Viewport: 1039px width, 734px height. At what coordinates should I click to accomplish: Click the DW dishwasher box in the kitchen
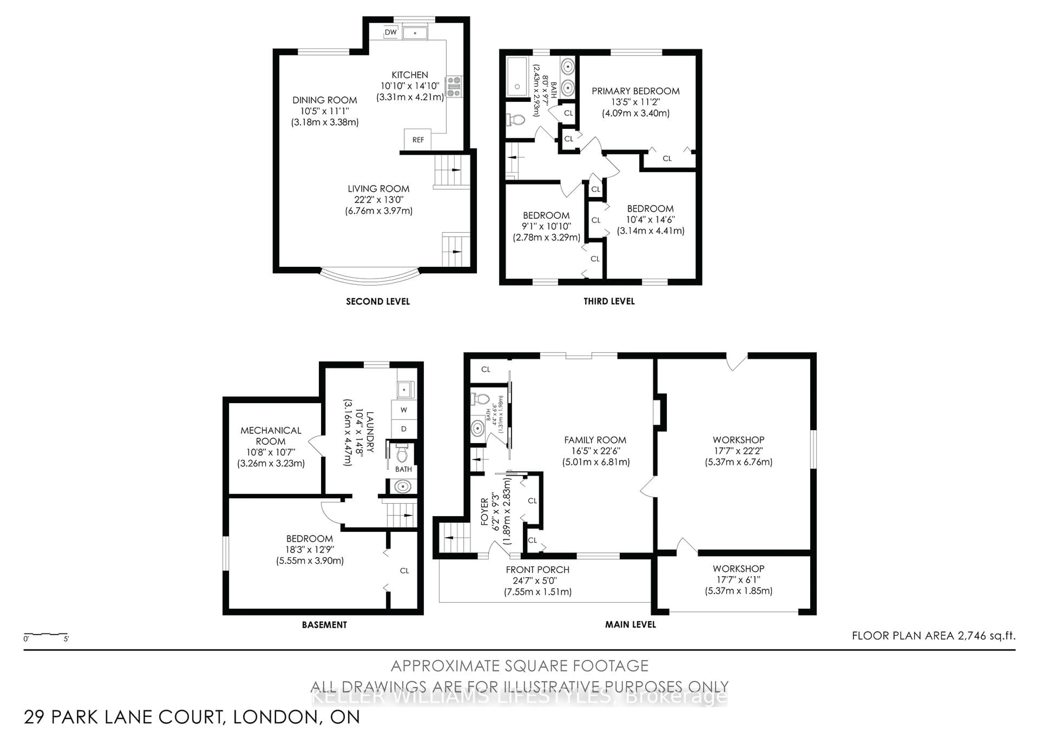390,32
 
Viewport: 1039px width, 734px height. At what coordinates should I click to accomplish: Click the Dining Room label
324,100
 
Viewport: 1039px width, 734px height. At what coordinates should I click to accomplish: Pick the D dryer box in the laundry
404,429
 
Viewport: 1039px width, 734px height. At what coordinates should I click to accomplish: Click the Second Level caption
378,302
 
